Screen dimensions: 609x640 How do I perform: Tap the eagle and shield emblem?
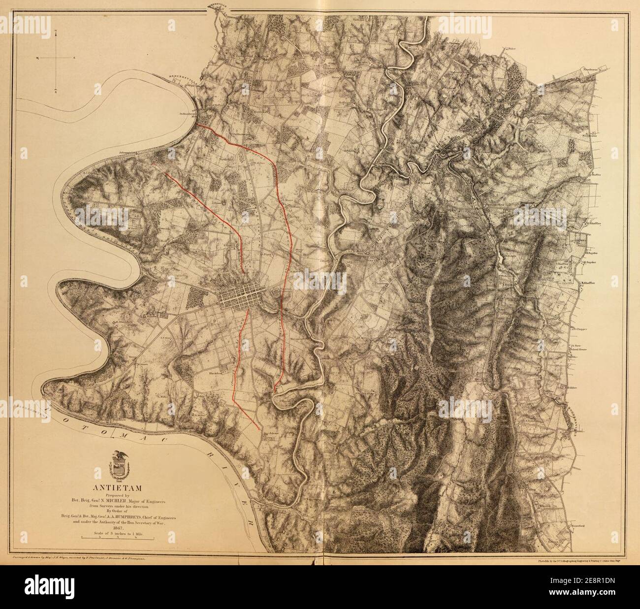click(118, 466)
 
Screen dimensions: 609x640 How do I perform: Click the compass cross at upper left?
click(56, 59)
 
